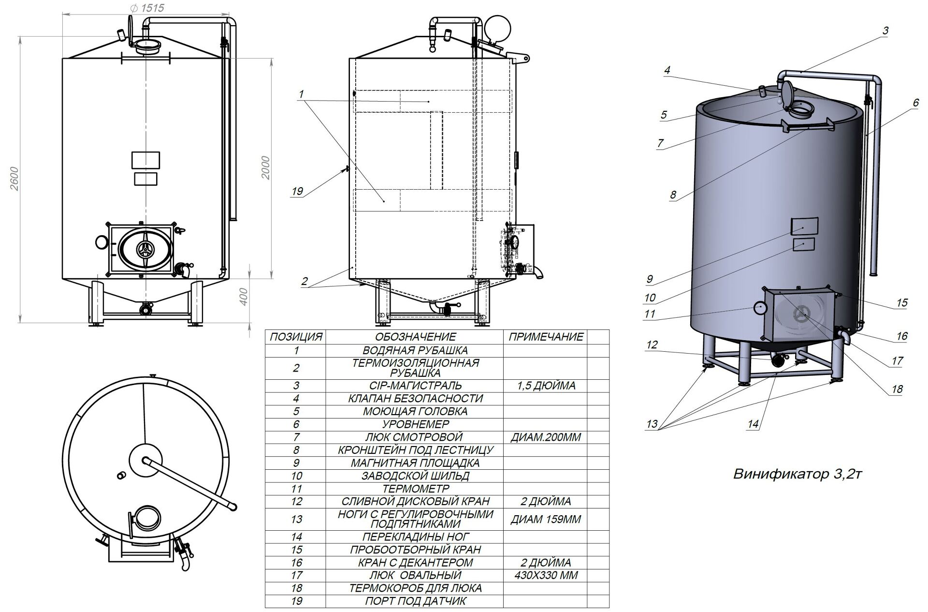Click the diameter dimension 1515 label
tap(147, 8)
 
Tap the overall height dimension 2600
tap(14, 179)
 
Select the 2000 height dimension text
tap(265, 167)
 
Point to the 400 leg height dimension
tap(244, 297)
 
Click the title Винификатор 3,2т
tap(797, 474)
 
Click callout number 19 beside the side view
tap(297, 191)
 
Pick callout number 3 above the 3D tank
tap(885, 30)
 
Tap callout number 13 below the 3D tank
tap(652, 424)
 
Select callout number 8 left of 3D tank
tap(673, 195)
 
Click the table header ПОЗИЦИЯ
tap(296, 337)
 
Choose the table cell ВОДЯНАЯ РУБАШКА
tap(415, 350)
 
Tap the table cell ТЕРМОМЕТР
tap(415, 489)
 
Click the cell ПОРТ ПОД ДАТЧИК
tap(415, 601)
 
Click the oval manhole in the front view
tap(144, 249)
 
